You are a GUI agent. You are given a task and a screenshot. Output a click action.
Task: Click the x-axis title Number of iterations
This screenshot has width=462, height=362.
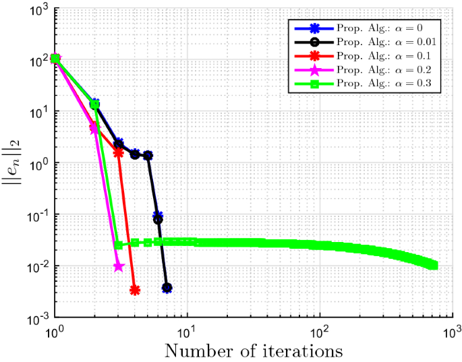point(254,351)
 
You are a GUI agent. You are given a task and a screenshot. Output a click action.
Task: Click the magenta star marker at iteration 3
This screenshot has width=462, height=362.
point(119,266)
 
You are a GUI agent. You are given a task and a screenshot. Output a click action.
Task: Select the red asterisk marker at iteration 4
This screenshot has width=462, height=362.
point(135,291)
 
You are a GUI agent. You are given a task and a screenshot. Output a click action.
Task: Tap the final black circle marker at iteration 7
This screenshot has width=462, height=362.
point(167,288)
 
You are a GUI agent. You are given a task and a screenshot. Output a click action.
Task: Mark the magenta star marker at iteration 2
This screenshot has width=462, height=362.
point(95,128)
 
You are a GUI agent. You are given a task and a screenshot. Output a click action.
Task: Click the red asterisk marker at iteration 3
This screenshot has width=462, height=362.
point(119,153)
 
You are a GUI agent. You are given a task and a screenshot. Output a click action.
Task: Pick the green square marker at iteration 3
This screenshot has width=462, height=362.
point(119,245)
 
